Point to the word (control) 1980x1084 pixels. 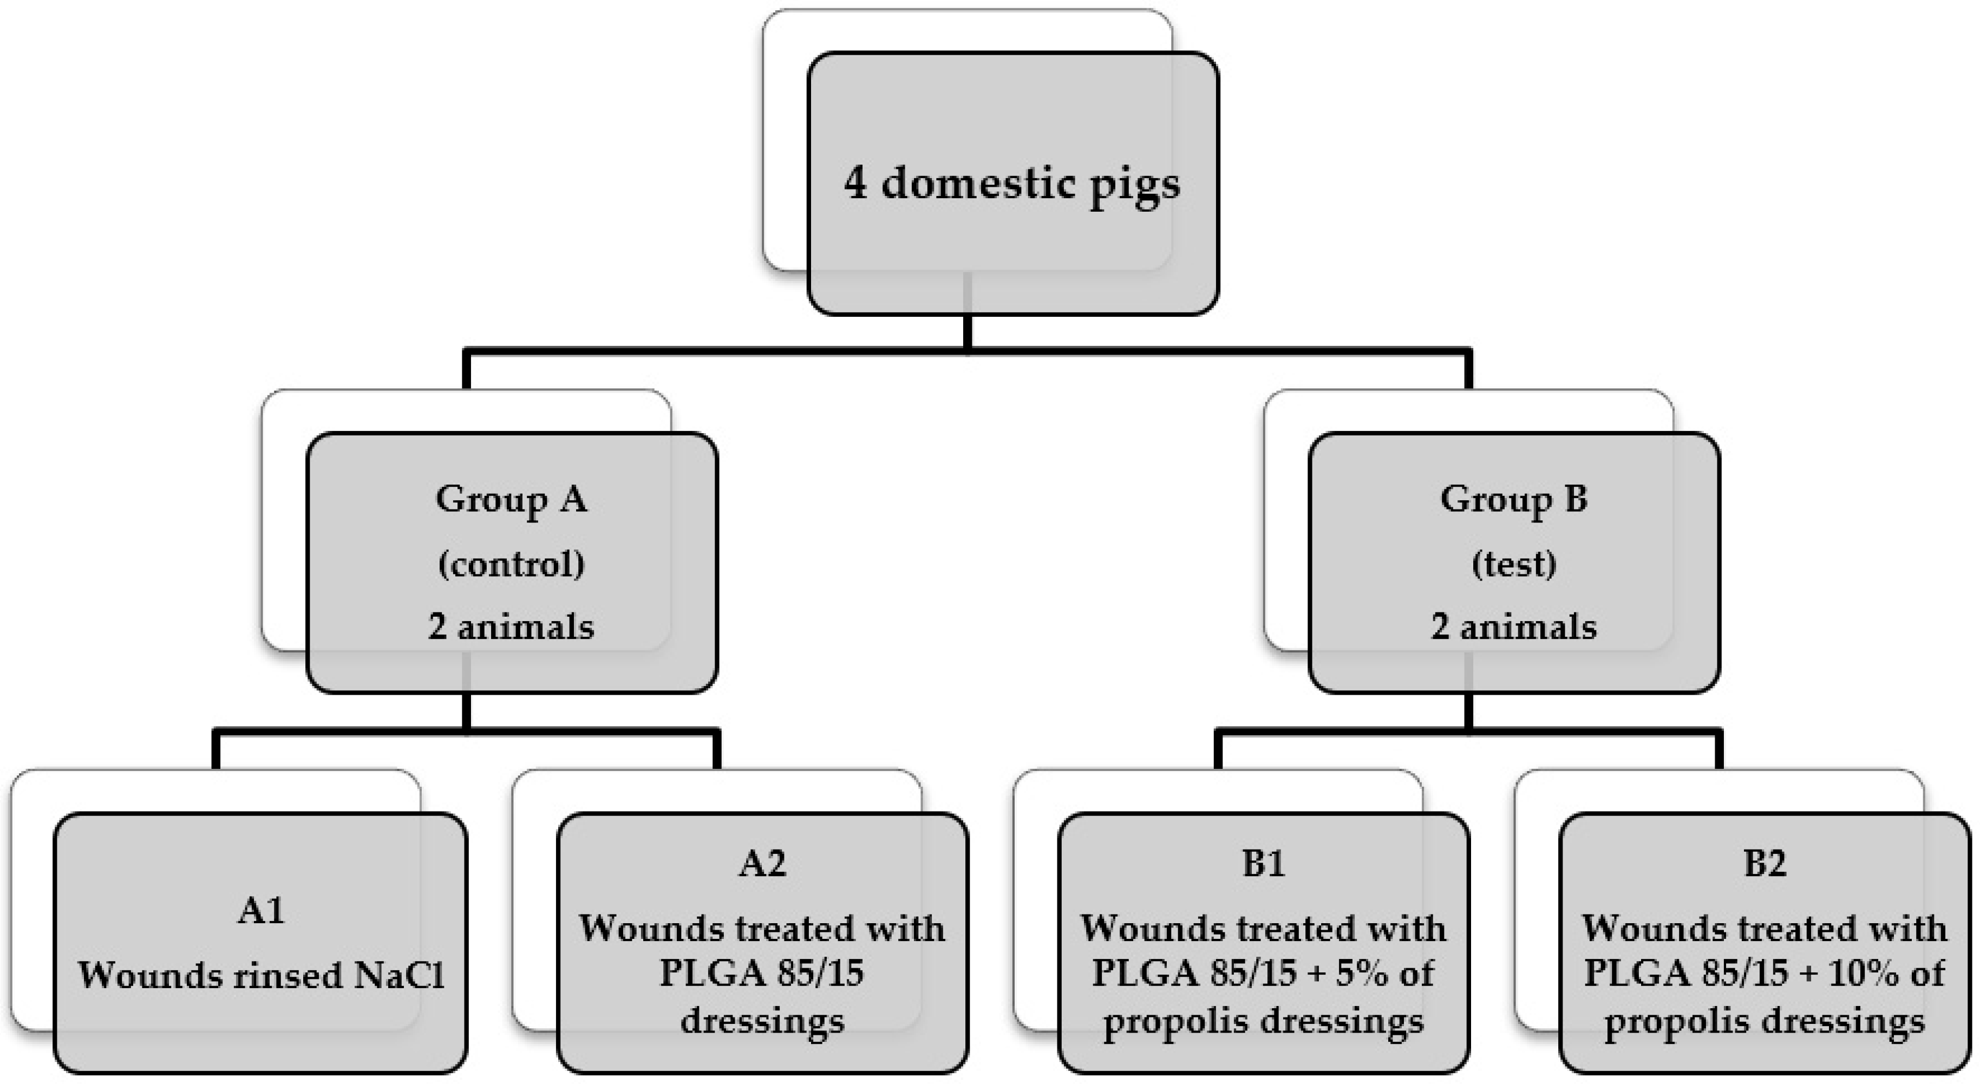[511, 564]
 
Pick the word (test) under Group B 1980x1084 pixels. [1513, 564]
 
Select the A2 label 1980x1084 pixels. [762, 864]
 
